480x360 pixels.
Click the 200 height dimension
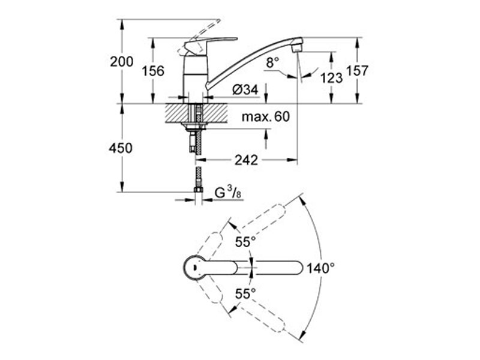tap(122, 62)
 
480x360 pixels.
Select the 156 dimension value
tap(153, 71)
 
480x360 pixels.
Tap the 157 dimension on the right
tap(357, 71)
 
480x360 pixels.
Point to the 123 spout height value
tap(331, 78)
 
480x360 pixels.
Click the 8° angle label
tap(273, 62)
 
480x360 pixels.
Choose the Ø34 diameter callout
tap(245, 89)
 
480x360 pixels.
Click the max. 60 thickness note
tap(266, 116)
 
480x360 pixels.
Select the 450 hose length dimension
tap(121, 148)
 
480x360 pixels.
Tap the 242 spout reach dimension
tap(247, 160)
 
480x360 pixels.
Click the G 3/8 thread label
tap(228, 193)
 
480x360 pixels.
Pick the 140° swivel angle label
tap(320, 268)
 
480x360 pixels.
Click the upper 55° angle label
tap(245, 242)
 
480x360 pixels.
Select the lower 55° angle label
tap(245, 294)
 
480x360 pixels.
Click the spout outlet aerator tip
tap(297, 48)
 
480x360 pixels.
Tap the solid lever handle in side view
tap(211, 44)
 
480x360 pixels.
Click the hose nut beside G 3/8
tap(199, 190)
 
